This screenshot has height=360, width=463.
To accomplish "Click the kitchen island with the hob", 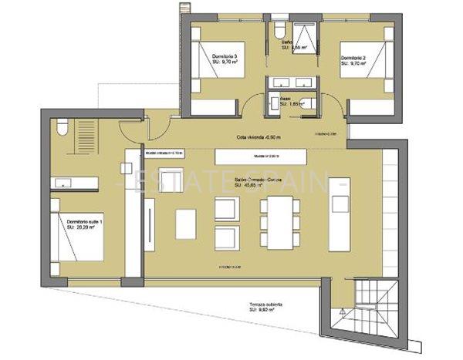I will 340,224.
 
